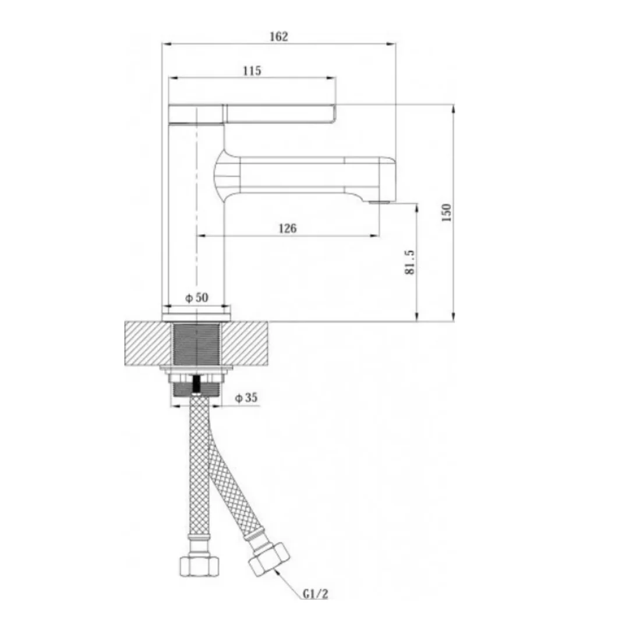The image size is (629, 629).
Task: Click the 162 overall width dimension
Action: coord(279,37)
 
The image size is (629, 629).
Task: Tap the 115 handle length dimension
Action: coord(252,70)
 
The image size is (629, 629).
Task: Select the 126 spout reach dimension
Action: coord(288,228)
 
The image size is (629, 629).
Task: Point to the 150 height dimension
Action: coord(446,213)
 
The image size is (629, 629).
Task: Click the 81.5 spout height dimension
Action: coord(409,262)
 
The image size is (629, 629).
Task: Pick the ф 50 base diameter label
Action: coord(197,298)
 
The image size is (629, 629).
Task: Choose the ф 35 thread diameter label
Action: coord(246,398)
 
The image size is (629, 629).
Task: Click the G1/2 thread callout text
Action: coord(315,593)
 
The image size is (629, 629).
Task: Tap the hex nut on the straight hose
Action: coord(199,565)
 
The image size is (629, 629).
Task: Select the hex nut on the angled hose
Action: coord(268,558)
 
